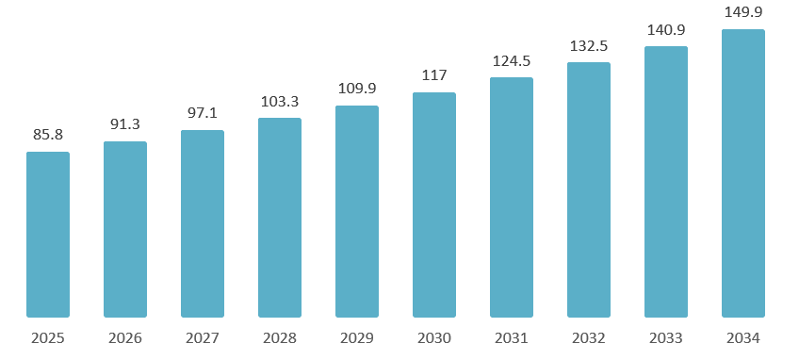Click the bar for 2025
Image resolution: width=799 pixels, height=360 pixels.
(48, 235)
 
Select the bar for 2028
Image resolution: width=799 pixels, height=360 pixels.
(280, 218)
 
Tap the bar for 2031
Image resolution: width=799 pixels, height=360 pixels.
(512, 197)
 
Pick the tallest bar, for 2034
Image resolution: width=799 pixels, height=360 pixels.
(743, 173)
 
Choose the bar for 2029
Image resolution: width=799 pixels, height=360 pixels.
(357, 211)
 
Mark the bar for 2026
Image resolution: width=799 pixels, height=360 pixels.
(125, 229)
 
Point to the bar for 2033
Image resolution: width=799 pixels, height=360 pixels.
(666, 182)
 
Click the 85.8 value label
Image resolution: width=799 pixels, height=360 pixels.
(48, 135)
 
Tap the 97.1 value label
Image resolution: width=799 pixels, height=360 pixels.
(203, 113)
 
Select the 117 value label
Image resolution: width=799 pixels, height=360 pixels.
(434, 75)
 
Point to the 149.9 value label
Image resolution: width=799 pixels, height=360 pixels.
(743, 12)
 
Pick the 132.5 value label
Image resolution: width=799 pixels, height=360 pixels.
(589, 45)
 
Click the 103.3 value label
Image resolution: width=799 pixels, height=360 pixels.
(280, 101)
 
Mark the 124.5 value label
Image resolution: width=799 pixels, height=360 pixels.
(512, 60)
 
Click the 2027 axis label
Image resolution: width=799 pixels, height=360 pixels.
(203, 338)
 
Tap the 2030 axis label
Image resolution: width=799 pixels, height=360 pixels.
(434, 338)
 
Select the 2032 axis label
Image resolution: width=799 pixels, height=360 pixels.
(589, 338)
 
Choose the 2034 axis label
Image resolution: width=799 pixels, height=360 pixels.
(743, 338)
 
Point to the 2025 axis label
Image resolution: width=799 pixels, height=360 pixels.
(48, 338)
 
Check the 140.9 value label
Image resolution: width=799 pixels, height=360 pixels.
(666, 29)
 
